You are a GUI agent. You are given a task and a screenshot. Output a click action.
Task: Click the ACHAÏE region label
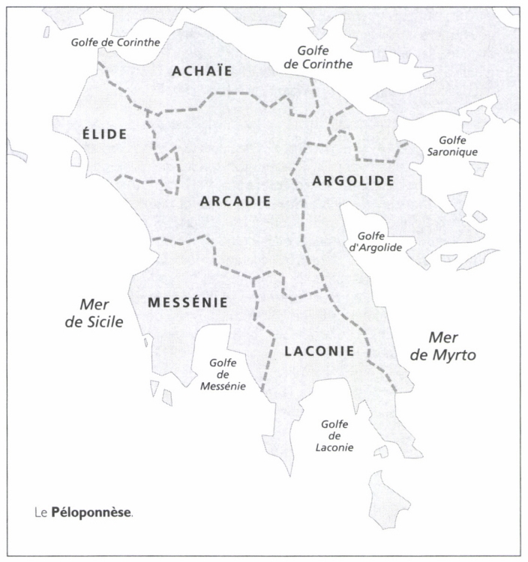pyautogui.click(x=202, y=71)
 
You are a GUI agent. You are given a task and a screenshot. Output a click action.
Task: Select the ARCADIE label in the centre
pyautogui.click(x=234, y=202)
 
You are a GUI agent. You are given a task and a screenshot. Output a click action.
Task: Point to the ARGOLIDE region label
pyautogui.click(x=352, y=180)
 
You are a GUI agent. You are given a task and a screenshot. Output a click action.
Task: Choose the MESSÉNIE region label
pyautogui.click(x=187, y=302)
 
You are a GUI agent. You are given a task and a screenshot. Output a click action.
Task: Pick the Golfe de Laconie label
pyautogui.click(x=335, y=435)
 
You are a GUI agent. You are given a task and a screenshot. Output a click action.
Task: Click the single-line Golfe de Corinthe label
pyautogui.click(x=115, y=42)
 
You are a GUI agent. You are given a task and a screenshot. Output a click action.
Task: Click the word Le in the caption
pyautogui.click(x=41, y=514)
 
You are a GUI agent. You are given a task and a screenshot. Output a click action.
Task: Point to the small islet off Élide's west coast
pyautogui.click(x=76, y=159)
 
